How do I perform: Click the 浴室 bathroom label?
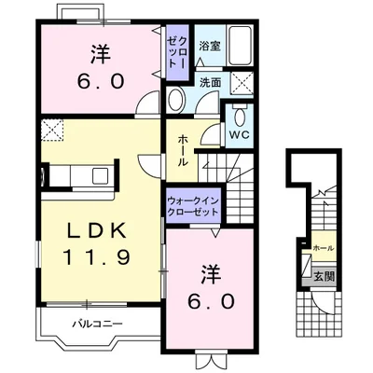(x=210, y=47)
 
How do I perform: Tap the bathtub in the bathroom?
(x=240, y=46)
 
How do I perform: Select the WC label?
(x=240, y=134)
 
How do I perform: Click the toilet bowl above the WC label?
(x=240, y=116)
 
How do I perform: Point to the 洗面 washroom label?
(x=210, y=82)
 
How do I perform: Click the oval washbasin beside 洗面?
(x=176, y=99)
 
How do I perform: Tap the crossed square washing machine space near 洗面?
(x=242, y=83)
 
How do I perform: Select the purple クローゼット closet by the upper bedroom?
(x=177, y=52)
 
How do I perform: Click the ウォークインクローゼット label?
(x=193, y=207)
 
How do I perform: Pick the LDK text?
(x=97, y=230)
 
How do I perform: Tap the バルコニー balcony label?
(x=98, y=325)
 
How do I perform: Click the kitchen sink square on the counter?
(x=100, y=176)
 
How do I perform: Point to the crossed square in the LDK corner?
(x=52, y=131)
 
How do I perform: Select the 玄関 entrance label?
(x=324, y=276)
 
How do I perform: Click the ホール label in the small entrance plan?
(x=324, y=248)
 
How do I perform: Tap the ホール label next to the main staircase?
(x=183, y=151)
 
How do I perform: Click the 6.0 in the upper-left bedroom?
(x=101, y=82)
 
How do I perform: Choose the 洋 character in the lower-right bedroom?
(x=211, y=274)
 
